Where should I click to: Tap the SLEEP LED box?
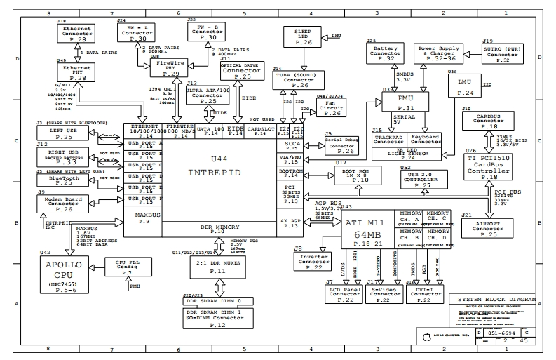click(304, 38)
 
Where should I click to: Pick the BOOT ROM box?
click(360, 175)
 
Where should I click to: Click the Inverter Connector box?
click(314, 261)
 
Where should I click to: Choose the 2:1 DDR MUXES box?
click(208, 266)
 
